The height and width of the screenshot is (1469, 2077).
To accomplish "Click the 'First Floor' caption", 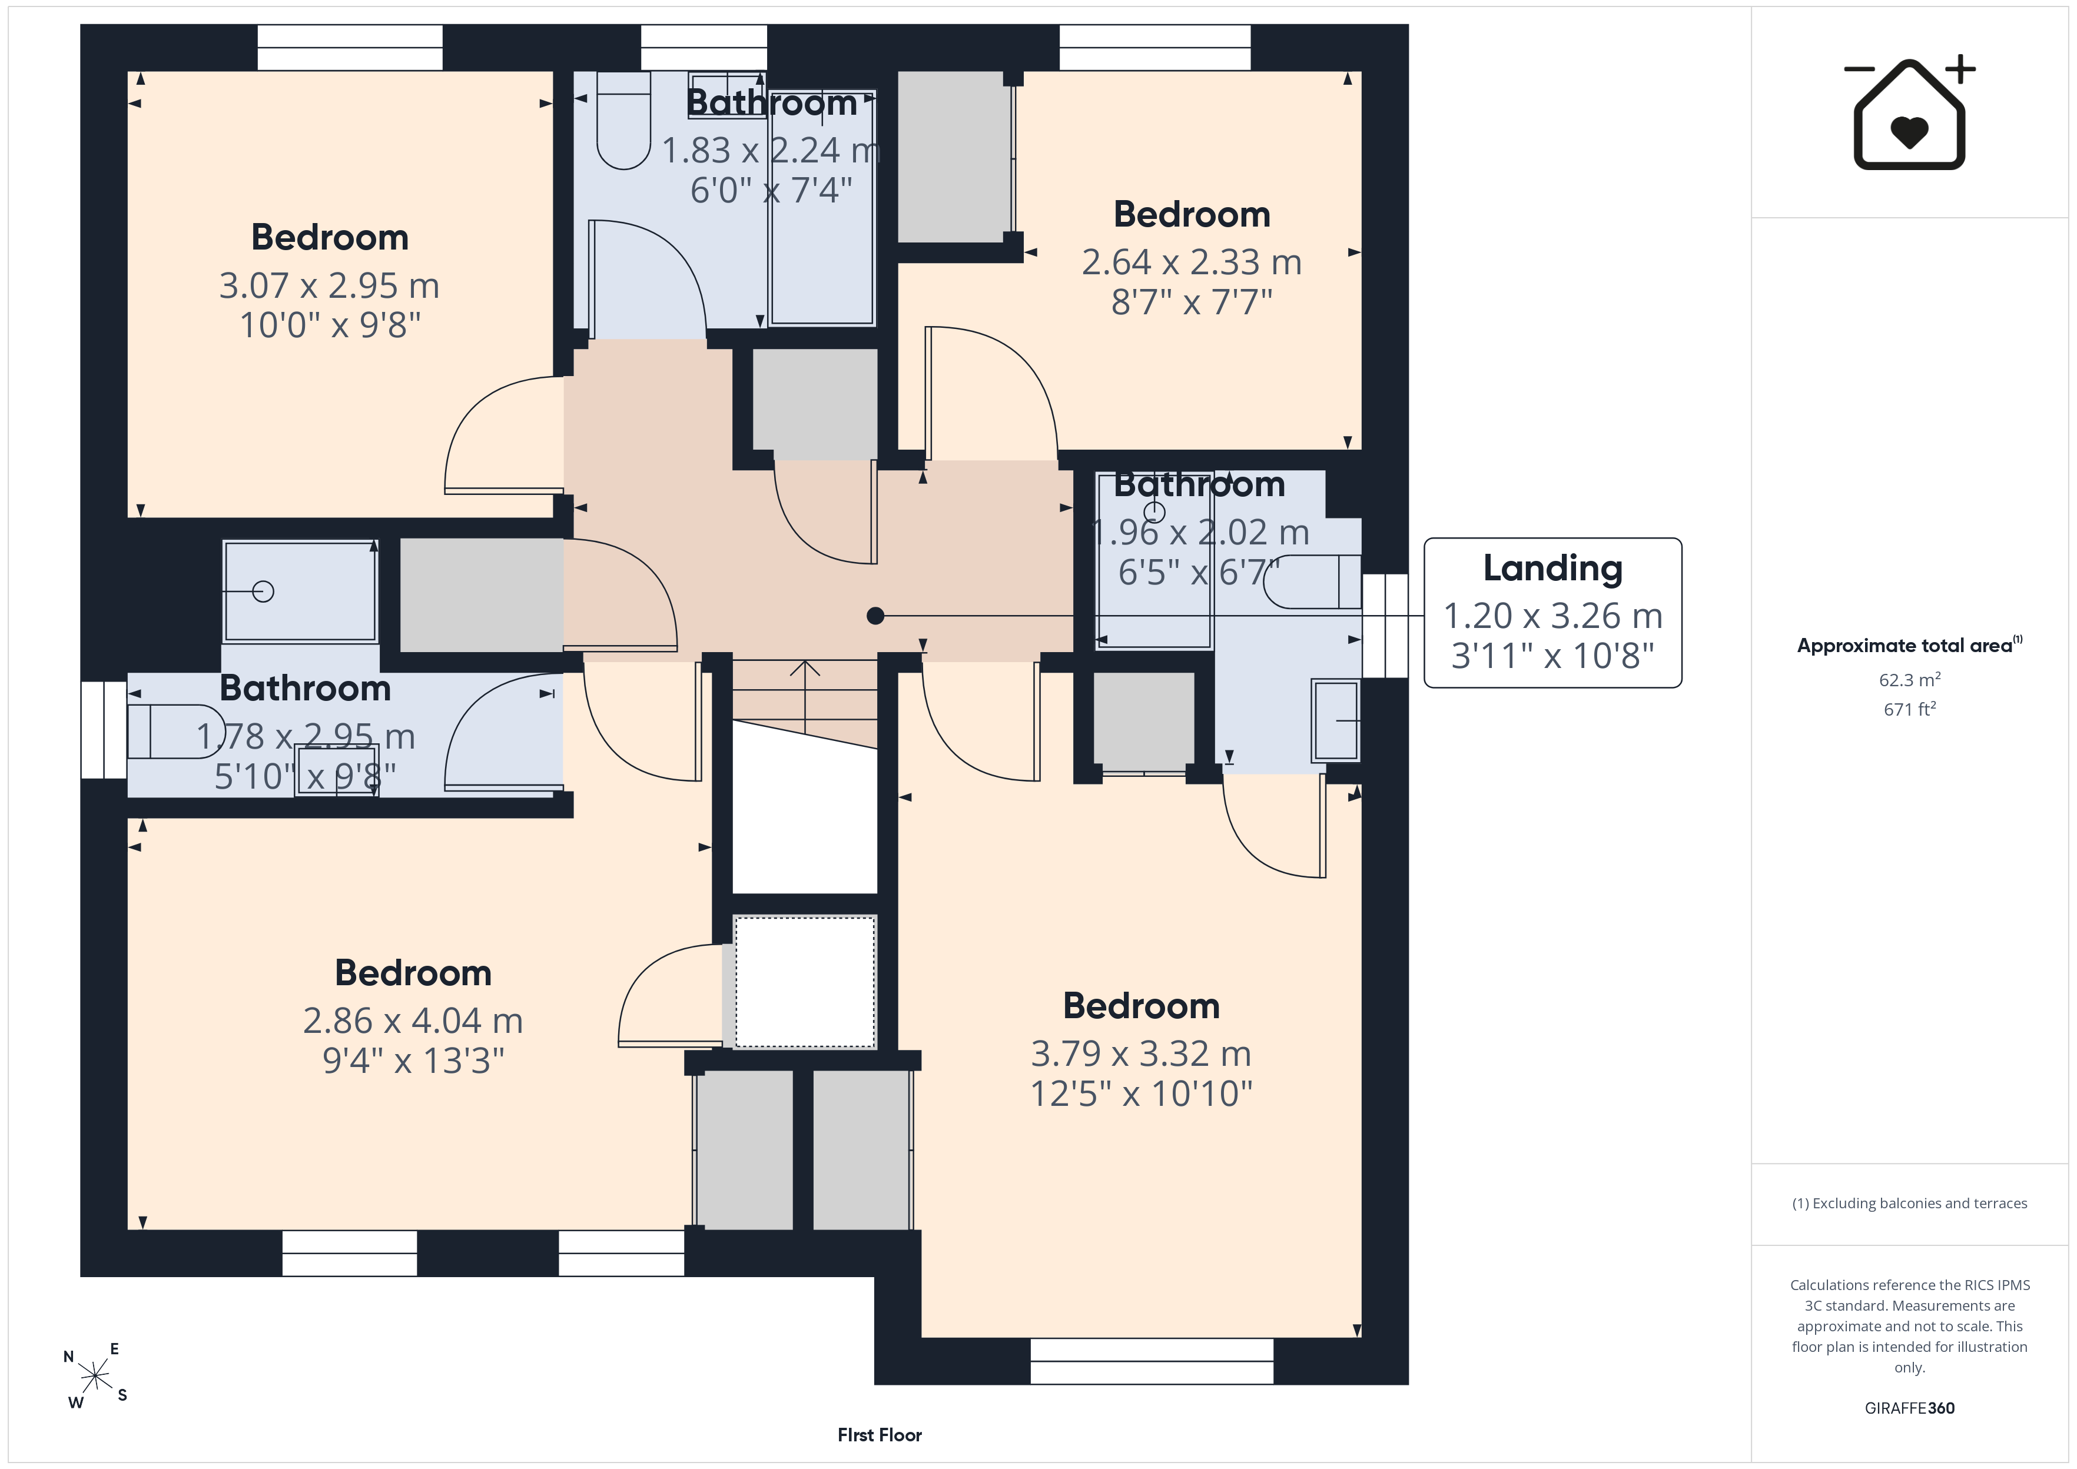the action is pyautogui.click(x=880, y=1435).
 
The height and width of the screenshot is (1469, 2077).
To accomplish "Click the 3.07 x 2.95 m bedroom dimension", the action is pyautogui.click(x=329, y=286).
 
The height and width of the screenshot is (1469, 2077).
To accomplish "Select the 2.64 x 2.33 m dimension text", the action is pyautogui.click(x=1192, y=262).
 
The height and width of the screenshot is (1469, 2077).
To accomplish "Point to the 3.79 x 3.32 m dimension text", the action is pyautogui.click(x=1141, y=1054).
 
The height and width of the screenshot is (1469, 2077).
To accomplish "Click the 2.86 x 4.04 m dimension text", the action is pyautogui.click(x=413, y=1021).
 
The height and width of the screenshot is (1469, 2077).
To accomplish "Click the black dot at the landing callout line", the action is pyautogui.click(x=875, y=616).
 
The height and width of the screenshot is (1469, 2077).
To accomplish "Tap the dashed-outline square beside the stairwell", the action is pyautogui.click(x=804, y=982).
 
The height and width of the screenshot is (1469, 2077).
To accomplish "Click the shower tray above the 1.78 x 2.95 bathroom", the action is pyautogui.click(x=300, y=591).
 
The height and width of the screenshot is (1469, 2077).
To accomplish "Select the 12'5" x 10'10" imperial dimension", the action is pyautogui.click(x=1141, y=1094).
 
